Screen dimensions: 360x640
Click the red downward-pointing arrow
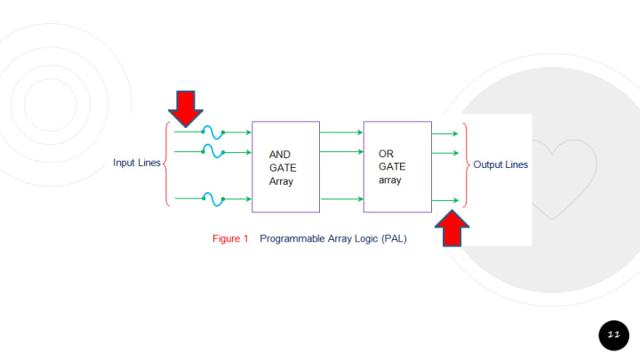tap(186, 108)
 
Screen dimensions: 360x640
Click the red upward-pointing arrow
tap(452, 228)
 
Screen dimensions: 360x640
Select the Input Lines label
tap(137, 163)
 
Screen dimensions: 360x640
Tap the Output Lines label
tap(500, 164)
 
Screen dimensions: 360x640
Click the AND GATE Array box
tap(285, 167)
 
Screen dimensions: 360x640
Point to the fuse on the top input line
tap(214, 132)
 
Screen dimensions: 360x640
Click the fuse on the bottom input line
tap(214, 198)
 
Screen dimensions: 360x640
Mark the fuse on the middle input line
tap(213, 153)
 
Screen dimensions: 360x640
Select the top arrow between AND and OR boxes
tap(341, 132)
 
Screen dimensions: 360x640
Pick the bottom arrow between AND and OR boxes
tap(341, 199)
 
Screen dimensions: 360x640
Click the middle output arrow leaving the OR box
tap(444, 153)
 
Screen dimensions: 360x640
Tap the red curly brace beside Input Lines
tap(166, 164)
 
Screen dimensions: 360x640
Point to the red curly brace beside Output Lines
tap(466, 164)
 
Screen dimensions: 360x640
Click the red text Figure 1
tap(230, 239)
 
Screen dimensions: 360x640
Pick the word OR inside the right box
tap(386, 153)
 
